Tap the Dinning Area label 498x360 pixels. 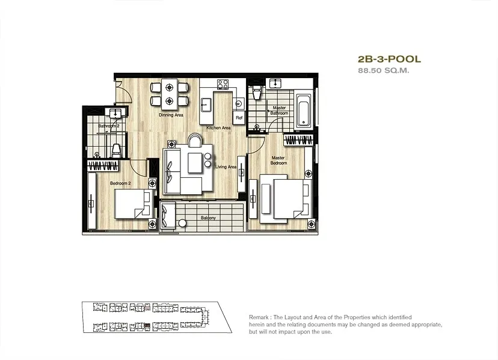[x=171, y=115]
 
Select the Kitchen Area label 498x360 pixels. [x=218, y=128]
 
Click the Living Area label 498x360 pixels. [x=226, y=166]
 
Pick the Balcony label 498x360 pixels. [x=207, y=218]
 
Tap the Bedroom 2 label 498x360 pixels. [x=120, y=183]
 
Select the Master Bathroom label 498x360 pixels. [x=279, y=111]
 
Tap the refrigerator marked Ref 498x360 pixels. [x=239, y=118]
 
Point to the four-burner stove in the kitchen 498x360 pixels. [x=223, y=85]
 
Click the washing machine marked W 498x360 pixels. [x=238, y=103]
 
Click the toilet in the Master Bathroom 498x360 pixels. [x=257, y=91]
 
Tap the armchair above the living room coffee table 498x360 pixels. [x=195, y=141]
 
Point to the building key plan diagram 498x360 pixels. [x=155, y=317]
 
